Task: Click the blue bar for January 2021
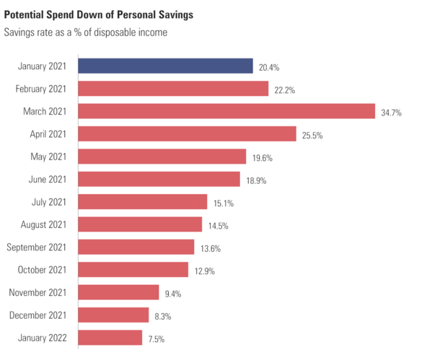[x=165, y=66]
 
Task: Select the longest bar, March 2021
[x=226, y=111]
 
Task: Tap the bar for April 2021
[x=187, y=134]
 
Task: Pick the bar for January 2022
[x=110, y=338]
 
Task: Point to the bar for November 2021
[x=118, y=292]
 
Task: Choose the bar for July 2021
[x=142, y=202]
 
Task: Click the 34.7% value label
[x=394, y=113]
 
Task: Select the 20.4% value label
[x=268, y=67]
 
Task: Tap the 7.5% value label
[x=157, y=338]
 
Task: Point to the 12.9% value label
[x=203, y=271]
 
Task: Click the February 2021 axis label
[x=40, y=89]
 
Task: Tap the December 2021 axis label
[x=38, y=315]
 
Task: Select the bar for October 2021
[x=133, y=270]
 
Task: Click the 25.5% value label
[x=314, y=135]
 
